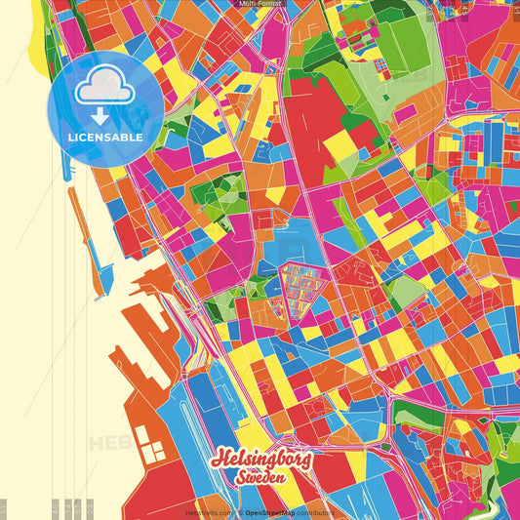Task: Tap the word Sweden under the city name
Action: [259, 478]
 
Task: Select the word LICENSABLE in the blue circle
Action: [105, 138]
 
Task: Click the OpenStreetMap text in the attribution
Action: [275, 511]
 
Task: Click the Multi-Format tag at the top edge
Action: [260, 4]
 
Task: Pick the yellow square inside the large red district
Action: [340, 146]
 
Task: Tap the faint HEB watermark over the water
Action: [107, 445]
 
